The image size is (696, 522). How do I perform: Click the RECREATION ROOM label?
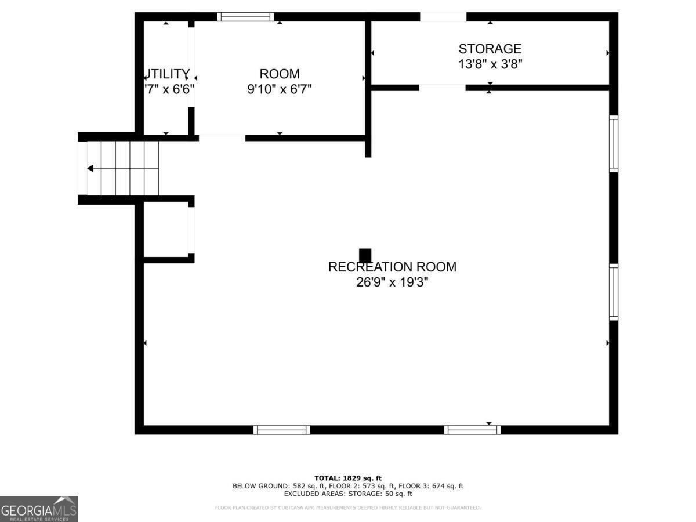click(392, 267)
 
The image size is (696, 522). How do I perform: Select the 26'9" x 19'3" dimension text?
click(392, 282)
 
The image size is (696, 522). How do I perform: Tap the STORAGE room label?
click(490, 49)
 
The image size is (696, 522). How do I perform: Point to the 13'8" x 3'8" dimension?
click(490, 64)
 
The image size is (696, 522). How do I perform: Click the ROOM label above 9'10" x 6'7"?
click(280, 74)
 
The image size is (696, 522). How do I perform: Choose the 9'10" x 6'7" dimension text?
click(280, 89)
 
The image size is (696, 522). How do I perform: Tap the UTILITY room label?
click(168, 74)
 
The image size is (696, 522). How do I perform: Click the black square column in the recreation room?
click(365, 255)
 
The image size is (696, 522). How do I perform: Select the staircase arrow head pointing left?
click(90, 168)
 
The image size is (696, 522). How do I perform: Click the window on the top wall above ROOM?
click(245, 17)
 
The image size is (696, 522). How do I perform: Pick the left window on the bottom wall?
click(282, 430)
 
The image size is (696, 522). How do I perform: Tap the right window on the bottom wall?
click(472, 430)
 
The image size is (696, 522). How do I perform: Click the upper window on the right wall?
click(613, 143)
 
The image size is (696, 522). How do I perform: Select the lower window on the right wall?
click(613, 292)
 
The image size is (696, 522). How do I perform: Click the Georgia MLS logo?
click(39, 509)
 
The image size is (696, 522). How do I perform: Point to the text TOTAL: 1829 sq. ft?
click(348, 477)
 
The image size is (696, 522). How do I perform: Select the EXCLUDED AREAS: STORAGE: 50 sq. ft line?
click(348, 494)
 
